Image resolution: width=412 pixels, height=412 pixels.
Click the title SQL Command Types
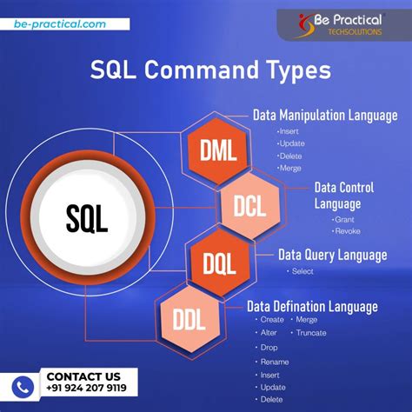pyautogui.click(x=205, y=70)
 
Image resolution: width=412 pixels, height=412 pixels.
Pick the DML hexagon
pyautogui.click(x=217, y=150)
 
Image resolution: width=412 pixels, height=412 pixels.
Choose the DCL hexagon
pyautogui.click(x=250, y=205)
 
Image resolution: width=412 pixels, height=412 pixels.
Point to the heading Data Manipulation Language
pyautogui.click(x=325, y=115)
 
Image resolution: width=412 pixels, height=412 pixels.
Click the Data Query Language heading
pyautogui.click(x=332, y=255)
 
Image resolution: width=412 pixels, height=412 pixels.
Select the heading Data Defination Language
pyautogui.click(x=312, y=306)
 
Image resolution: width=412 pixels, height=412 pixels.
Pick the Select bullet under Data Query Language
pyautogui.click(x=302, y=271)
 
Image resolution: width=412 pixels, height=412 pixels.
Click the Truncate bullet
pyautogui.click(x=309, y=333)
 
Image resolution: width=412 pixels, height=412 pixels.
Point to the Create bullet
pyautogui.click(x=271, y=320)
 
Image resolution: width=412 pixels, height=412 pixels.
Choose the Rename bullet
pyautogui.click(x=274, y=361)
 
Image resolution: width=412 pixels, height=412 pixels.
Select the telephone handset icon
pyautogui.click(x=24, y=385)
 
